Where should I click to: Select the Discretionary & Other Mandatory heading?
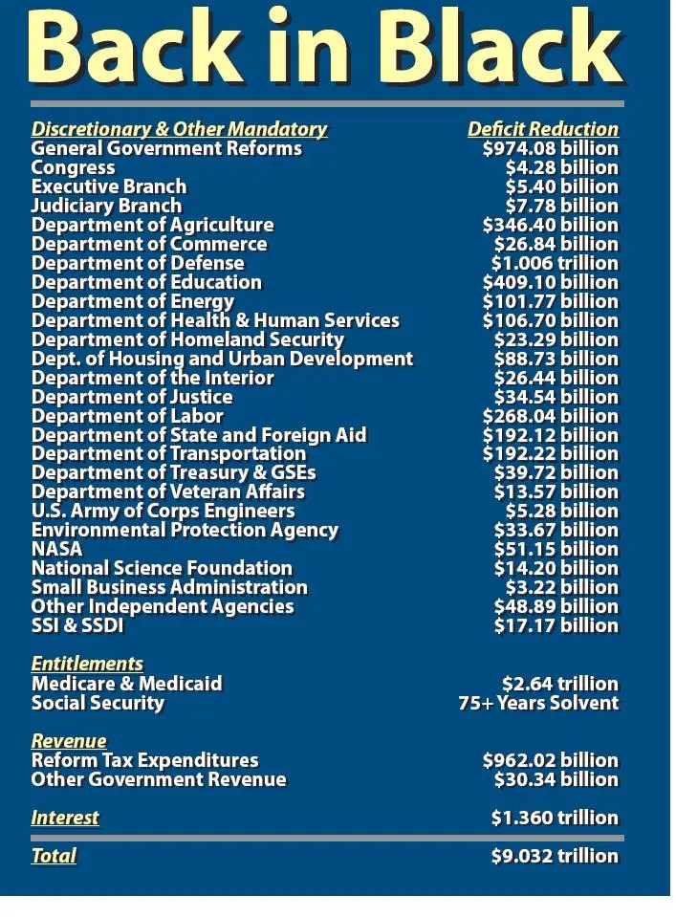(x=179, y=129)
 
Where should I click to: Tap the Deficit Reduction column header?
(x=542, y=129)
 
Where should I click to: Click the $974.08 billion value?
(x=550, y=148)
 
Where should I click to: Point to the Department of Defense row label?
(x=138, y=263)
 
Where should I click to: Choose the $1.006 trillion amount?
(x=555, y=263)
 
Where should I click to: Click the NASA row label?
(x=56, y=549)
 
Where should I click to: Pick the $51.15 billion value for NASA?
(x=556, y=549)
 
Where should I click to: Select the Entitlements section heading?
(x=87, y=664)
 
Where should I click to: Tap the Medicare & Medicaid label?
(x=126, y=684)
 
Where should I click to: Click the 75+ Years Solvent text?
(x=538, y=703)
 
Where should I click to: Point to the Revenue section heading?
(x=69, y=741)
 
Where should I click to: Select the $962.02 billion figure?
(x=550, y=760)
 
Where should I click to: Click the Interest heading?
(x=65, y=818)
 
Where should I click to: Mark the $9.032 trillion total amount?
(x=555, y=856)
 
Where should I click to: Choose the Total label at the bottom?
(x=54, y=856)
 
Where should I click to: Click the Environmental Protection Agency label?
(x=185, y=530)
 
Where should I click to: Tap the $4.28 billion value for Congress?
(x=561, y=167)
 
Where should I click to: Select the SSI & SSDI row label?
(x=77, y=625)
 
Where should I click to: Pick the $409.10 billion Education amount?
(x=550, y=282)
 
